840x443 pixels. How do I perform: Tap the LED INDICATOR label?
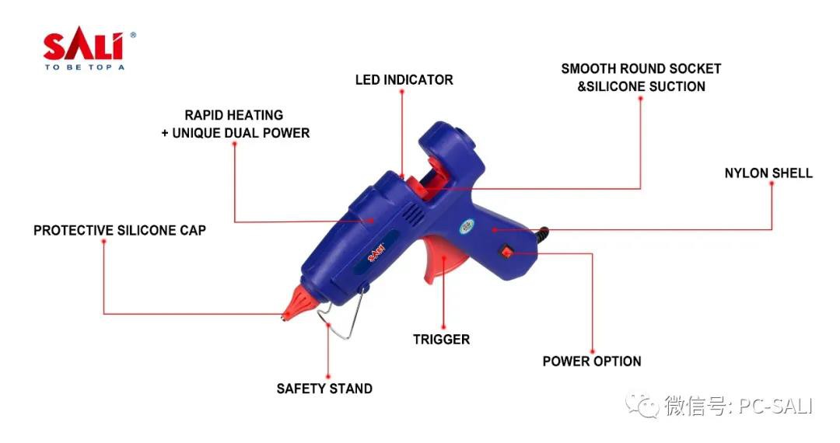click(404, 80)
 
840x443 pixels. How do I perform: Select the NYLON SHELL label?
click(768, 173)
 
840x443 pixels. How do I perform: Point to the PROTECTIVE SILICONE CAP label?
click(120, 231)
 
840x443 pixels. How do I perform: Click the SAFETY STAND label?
click(324, 389)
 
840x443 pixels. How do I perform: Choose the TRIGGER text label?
click(441, 340)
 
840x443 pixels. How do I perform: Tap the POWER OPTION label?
click(591, 361)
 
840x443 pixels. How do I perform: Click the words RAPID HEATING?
click(233, 115)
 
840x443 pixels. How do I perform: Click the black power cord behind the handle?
click(543, 232)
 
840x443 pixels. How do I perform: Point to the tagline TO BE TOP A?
click(84, 67)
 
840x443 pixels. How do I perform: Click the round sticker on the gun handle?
click(467, 226)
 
